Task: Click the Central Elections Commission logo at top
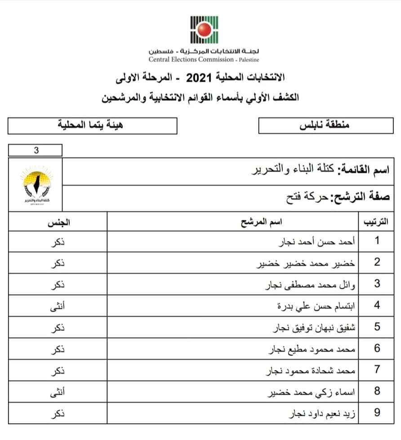point(204,29)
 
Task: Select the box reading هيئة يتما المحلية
point(92,125)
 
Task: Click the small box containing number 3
point(36,151)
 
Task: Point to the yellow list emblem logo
point(36,187)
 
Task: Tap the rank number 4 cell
point(377,306)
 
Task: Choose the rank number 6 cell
point(377,348)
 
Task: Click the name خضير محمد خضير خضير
point(312,263)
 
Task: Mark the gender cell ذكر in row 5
point(57,327)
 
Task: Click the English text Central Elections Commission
point(192,59)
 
